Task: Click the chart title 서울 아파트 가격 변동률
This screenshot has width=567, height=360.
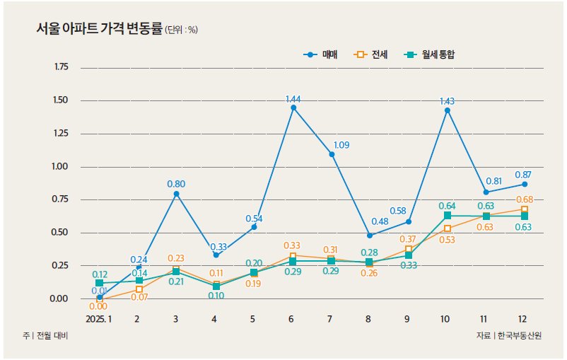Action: pyautogui.click(x=99, y=29)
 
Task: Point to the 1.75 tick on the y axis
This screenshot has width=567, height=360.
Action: pyautogui.click(x=61, y=67)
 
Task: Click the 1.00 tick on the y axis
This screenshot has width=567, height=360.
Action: pyautogui.click(x=61, y=167)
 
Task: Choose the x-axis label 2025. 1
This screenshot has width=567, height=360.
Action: pyautogui.click(x=99, y=319)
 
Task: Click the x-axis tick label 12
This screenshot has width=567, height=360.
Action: pyautogui.click(x=522, y=319)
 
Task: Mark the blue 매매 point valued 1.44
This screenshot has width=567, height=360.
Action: pyautogui.click(x=293, y=108)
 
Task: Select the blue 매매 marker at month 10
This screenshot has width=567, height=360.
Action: pyautogui.click(x=447, y=110)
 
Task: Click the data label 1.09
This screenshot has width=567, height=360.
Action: pyautogui.click(x=341, y=145)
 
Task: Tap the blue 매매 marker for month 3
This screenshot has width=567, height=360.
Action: pyautogui.click(x=176, y=194)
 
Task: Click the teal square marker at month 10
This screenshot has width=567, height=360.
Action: pyautogui.click(x=448, y=215)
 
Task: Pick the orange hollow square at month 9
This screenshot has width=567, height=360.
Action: pyautogui.click(x=409, y=249)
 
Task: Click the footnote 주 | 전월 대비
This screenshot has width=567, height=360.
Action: pyautogui.click(x=47, y=335)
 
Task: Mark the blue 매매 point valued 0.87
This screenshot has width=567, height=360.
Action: pyautogui.click(x=524, y=184)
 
